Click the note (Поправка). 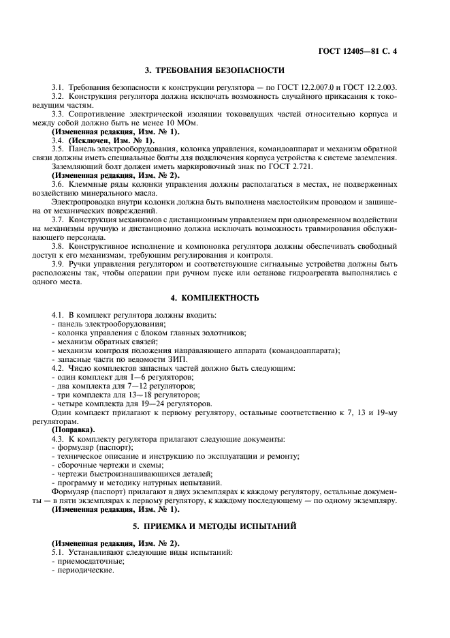coord(74,430)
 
